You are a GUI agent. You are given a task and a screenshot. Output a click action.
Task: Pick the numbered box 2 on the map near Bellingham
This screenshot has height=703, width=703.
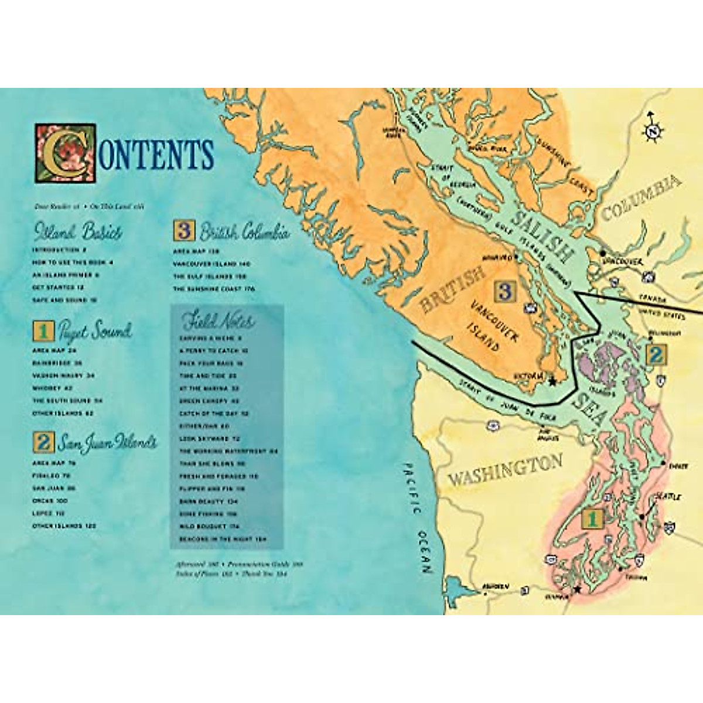tap(655, 354)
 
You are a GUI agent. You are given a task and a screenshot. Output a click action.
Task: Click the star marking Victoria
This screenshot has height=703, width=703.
tap(551, 381)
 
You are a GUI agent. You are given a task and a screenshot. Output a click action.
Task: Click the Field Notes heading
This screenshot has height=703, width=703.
tap(218, 321)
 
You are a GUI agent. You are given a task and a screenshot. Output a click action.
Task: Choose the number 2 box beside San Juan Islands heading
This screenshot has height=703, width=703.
tap(42, 442)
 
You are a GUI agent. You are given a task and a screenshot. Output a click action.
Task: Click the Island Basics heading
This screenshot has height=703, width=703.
tap(79, 232)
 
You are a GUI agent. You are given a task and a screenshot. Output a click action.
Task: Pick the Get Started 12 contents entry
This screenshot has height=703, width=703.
tap(59, 288)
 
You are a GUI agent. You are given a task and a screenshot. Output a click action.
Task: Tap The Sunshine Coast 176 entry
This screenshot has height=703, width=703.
tap(214, 289)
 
